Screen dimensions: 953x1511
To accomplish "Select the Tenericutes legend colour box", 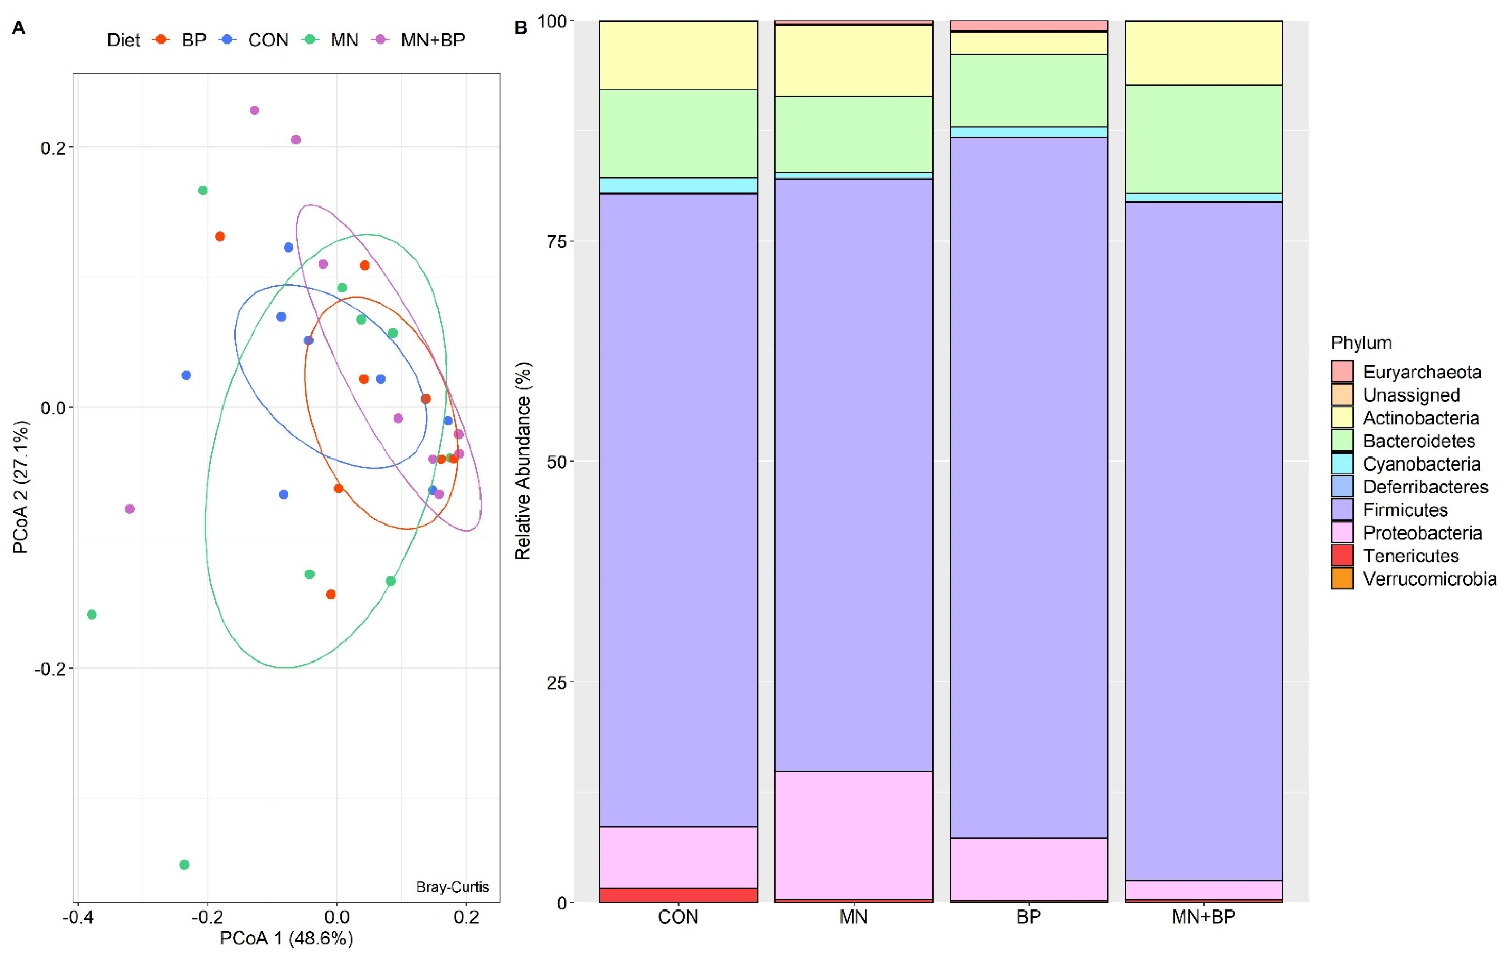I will pos(1342,556).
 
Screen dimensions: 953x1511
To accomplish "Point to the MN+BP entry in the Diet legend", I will pos(433,40).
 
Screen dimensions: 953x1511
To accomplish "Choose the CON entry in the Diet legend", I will pos(268,40).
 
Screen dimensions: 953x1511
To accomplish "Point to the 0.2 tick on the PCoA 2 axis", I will pos(53,148).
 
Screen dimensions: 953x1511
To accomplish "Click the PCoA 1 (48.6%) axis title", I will pos(286,938).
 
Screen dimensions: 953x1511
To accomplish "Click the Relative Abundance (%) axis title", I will pos(523,461).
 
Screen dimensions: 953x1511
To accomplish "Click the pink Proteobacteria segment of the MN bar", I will pos(853,835).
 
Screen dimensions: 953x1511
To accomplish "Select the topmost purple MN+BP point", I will pos(254,110).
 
